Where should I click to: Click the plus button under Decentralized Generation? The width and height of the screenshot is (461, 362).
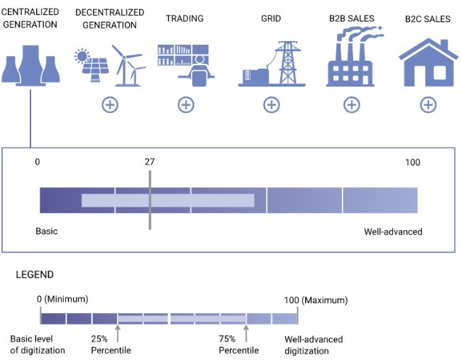pyautogui.click(x=110, y=105)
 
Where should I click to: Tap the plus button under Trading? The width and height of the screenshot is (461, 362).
pyautogui.click(x=185, y=105)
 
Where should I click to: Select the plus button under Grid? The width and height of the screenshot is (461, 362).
pyautogui.click(x=272, y=105)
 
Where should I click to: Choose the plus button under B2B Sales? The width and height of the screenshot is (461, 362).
pyautogui.click(x=351, y=105)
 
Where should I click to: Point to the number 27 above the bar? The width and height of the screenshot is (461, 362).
pyautogui.click(x=150, y=162)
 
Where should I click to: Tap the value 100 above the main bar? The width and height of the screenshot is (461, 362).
pyautogui.click(x=412, y=163)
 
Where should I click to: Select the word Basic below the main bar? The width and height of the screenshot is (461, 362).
pyautogui.click(x=47, y=231)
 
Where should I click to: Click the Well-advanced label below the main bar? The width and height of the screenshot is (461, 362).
pyautogui.click(x=393, y=231)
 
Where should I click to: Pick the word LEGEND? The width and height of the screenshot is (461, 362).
pyautogui.click(x=29, y=274)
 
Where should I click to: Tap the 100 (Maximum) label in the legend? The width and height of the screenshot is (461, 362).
pyautogui.click(x=312, y=300)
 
